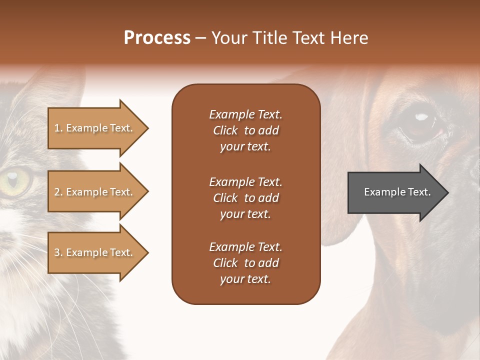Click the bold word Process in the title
tap(157, 38)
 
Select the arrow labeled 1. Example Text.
tap(95, 128)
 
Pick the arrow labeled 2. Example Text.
tap(95, 192)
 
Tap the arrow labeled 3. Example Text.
tap(95, 252)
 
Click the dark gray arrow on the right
tap(395, 192)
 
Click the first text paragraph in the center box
tap(245, 130)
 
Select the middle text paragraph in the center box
tap(245, 198)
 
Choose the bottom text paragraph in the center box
tap(245, 263)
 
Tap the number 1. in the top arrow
tap(58, 128)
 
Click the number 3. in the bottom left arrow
tap(58, 252)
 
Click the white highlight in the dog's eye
tap(422, 117)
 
